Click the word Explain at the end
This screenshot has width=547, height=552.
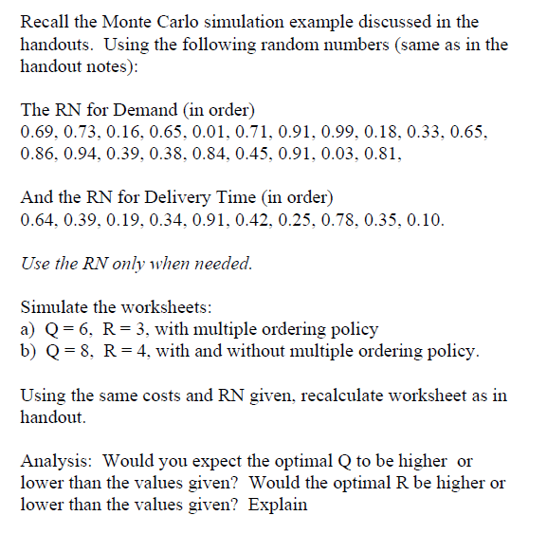(279, 504)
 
